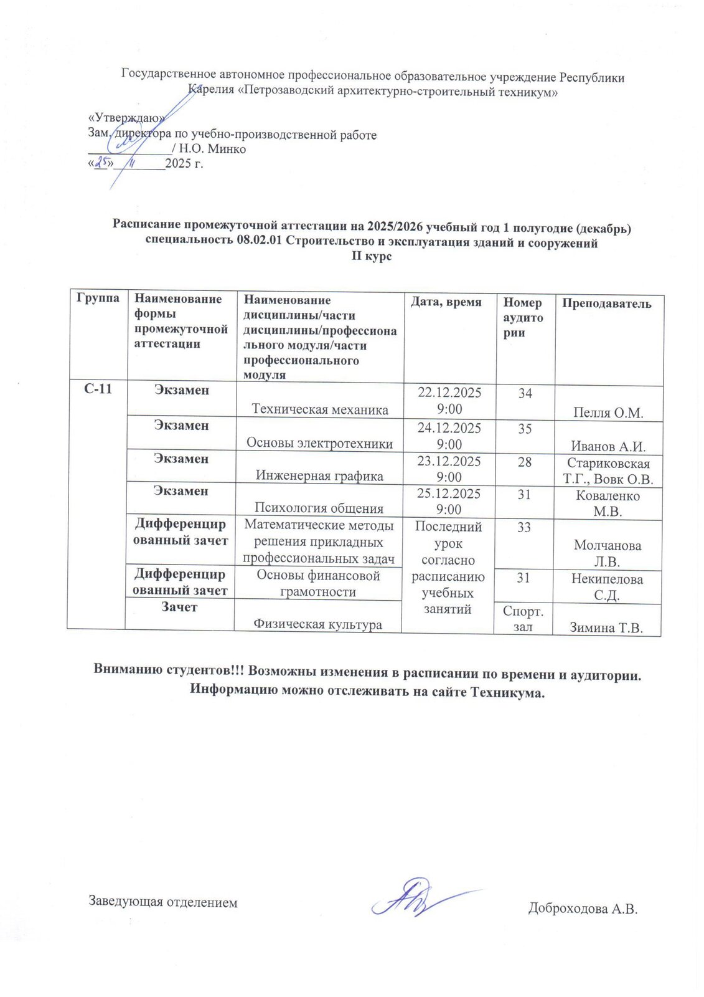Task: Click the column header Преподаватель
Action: point(606,304)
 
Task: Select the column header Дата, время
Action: point(446,302)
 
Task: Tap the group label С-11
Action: point(98,390)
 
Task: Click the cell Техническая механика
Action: point(320,409)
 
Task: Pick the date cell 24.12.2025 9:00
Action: point(449,436)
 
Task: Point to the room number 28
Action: point(525,462)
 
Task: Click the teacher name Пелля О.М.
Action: point(608,413)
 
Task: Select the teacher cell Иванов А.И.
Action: point(608,446)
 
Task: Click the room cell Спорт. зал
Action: point(523,619)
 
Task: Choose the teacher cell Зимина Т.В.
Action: point(606,627)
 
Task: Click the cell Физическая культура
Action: point(317,624)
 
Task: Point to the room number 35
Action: point(525,429)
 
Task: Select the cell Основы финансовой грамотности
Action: point(318,583)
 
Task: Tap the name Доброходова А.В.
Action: point(583,909)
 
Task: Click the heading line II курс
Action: point(372,256)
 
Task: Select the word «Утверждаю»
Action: point(127,119)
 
